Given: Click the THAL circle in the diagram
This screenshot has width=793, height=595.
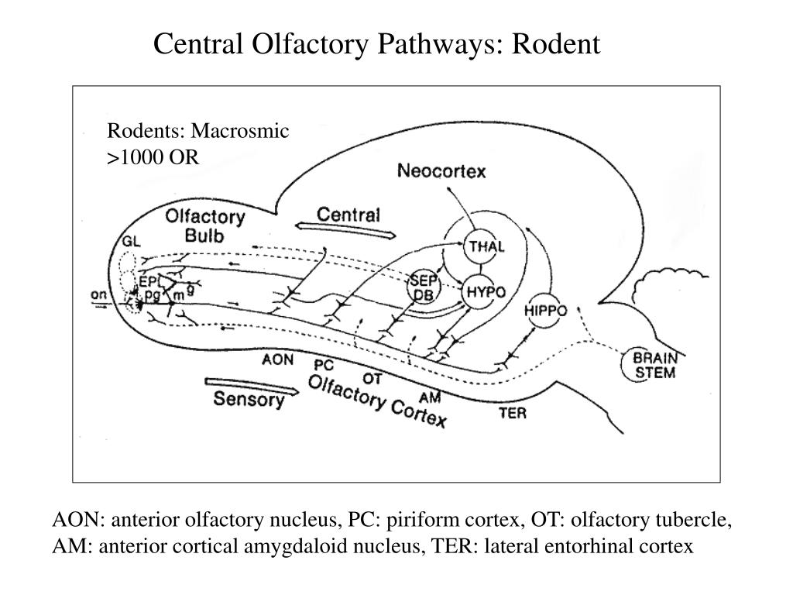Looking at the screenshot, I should (x=485, y=246).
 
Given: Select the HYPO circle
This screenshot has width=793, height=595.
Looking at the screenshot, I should (x=485, y=292).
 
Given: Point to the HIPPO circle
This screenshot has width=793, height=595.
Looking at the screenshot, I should (x=546, y=311).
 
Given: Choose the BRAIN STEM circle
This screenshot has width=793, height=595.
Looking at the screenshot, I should (x=654, y=365).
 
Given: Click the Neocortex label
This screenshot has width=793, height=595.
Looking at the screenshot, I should (x=441, y=171).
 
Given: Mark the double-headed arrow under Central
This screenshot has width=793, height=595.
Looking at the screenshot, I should (x=348, y=230).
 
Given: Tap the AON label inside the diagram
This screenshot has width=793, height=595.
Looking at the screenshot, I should (x=277, y=359).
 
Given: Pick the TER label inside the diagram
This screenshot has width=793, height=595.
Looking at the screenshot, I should (x=512, y=413).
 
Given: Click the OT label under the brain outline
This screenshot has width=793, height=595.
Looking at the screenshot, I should (x=372, y=379).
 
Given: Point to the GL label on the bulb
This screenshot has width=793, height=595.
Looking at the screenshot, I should (x=131, y=241).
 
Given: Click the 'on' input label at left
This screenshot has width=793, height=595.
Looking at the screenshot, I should (x=99, y=294).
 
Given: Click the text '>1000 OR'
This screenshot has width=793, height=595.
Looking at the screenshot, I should (x=153, y=157).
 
